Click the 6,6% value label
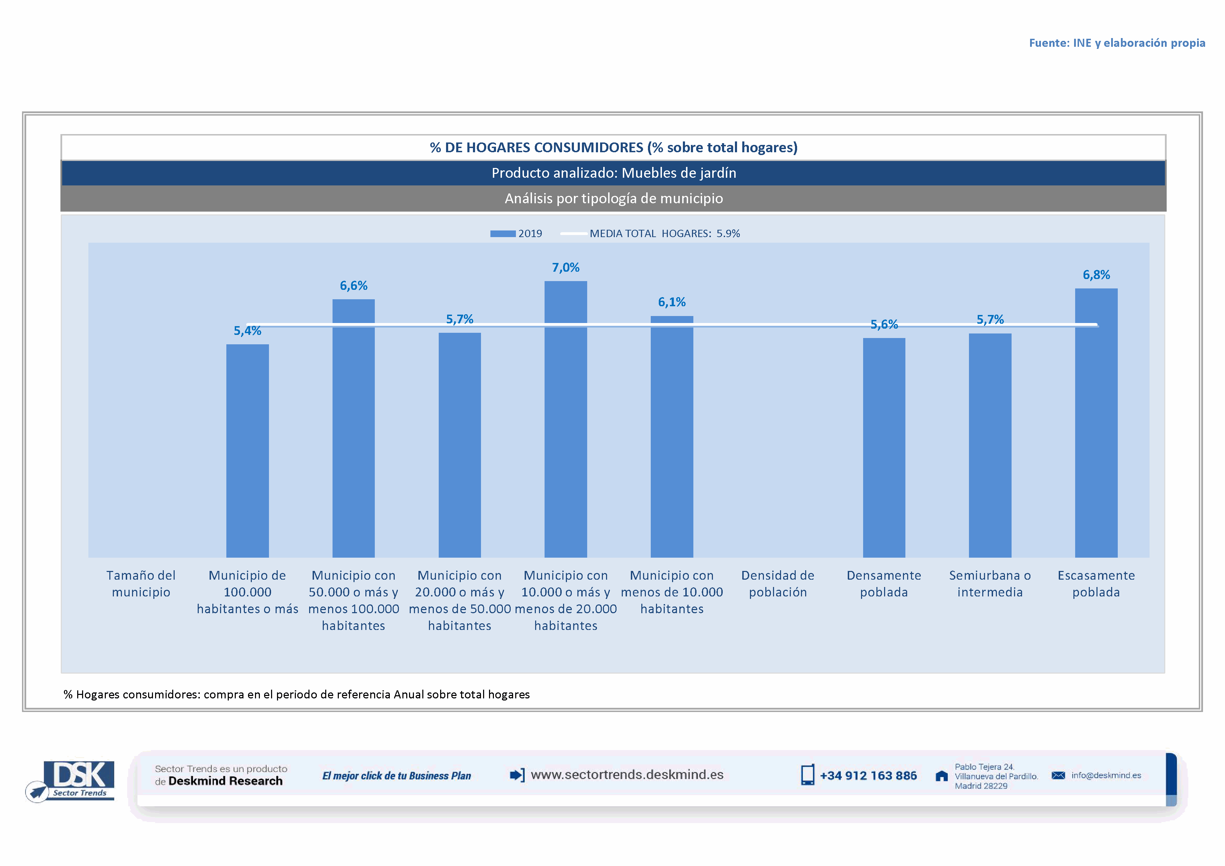point(354,286)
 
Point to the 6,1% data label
point(672,302)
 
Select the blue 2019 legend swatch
point(503,234)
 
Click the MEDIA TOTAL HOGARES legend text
point(665,234)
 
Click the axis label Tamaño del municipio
point(141,584)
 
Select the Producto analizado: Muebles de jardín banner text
point(614,173)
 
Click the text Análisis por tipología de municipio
point(614,198)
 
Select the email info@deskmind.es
point(1106,775)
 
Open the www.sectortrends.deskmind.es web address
point(627,775)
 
